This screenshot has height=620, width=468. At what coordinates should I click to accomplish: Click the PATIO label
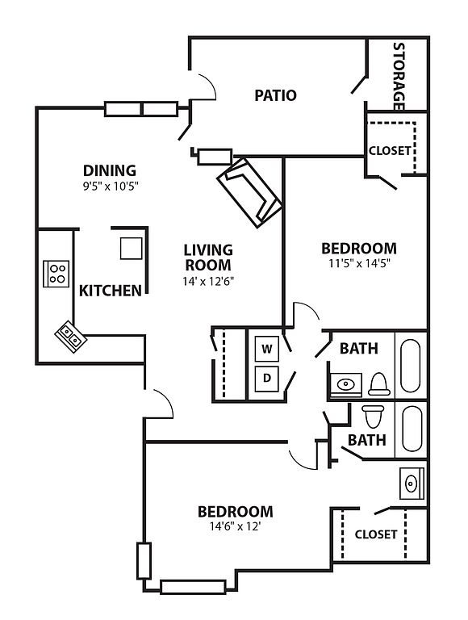(x=275, y=95)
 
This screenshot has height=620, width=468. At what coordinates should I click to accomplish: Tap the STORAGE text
(x=399, y=77)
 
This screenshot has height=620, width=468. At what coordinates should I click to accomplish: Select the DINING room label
(x=110, y=170)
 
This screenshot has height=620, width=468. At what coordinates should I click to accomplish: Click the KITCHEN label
(x=111, y=291)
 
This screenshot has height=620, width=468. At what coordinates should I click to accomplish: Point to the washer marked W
(x=267, y=349)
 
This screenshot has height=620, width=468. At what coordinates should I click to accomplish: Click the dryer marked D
(x=267, y=379)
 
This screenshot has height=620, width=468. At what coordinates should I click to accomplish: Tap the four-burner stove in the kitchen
(x=56, y=274)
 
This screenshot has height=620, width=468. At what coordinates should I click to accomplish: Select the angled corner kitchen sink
(x=70, y=337)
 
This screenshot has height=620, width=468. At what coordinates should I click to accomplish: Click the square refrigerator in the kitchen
(x=131, y=249)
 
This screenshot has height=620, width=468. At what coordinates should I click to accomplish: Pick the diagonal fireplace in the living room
(x=249, y=193)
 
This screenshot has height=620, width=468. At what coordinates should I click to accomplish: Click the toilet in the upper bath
(x=379, y=384)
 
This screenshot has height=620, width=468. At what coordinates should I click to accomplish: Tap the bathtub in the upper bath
(x=410, y=366)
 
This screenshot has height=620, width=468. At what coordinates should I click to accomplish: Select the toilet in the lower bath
(x=373, y=417)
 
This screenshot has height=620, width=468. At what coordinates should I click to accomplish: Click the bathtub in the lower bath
(x=412, y=429)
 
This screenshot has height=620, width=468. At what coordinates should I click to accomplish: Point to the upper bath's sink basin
(x=346, y=384)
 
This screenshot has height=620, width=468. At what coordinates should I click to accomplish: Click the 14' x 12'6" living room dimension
(x=208, y=281)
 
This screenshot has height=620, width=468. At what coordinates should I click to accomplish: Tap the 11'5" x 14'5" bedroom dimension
(x=359, y=263)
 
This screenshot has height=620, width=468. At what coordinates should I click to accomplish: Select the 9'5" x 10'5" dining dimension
(x=111, y=186)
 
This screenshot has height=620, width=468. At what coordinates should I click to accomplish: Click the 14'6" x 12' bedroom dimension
(x=236, y=526)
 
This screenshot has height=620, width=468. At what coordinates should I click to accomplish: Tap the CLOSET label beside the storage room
(x=390, y=151)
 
